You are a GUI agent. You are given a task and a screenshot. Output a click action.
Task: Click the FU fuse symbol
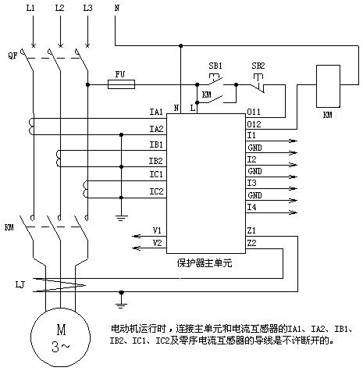pos(121,84)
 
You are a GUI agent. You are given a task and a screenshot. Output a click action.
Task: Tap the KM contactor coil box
pos(328,86)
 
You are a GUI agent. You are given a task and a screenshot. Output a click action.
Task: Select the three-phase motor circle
pos(61,337)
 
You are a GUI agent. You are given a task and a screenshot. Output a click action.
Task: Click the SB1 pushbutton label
pos(215,66)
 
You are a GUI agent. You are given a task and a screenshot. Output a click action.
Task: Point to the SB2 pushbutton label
pos(258,66)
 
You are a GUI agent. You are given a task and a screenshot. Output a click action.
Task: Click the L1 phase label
pos(30,8)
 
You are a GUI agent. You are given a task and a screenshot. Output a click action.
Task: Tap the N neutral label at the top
pos(117,8)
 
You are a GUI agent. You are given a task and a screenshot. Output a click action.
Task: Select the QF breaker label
pos(12,55)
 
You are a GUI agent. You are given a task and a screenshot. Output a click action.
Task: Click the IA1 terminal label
pos(156,112)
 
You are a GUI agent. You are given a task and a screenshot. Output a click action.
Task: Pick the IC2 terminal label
pos(156,191)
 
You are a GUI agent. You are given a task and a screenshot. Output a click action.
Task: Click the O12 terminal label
pos(254,124)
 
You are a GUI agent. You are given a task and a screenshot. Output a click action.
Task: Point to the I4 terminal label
pos(251,207)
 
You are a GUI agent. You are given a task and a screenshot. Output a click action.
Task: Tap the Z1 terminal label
pos(251,230)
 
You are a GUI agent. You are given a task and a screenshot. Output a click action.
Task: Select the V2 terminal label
pos(157,243)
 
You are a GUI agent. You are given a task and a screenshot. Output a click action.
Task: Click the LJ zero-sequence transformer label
pos(20,284)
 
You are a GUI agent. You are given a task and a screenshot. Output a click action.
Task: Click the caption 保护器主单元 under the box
pos(205,263)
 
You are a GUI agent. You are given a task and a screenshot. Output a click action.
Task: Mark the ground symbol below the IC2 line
pos(121,218)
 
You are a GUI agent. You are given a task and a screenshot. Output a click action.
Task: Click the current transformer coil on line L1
pos(31,127)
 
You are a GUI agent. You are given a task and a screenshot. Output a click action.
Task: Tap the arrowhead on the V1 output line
pos(137,236)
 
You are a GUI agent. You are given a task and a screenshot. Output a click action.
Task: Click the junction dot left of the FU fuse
pos(87,84)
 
